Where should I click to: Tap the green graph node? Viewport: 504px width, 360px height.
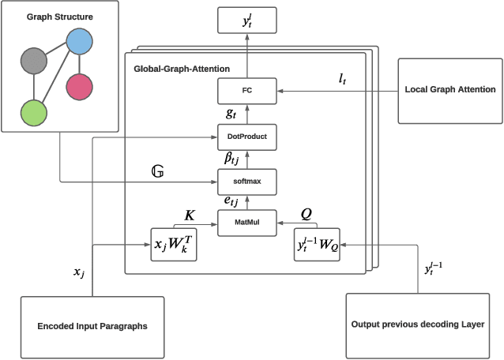pyautogui.click(x=33, y=112)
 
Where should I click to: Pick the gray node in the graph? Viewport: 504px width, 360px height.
pyautogui.click(x=33, y=60)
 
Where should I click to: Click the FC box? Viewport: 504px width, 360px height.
pyautogui.click(x=246, y=92)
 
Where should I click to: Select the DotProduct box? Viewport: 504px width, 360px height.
pyautogui.click(x=246, y=136)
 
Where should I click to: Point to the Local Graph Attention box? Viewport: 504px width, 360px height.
pyautogui.click(x=449, y=90)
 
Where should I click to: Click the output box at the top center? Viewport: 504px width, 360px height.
pyautogui.click(x=246, y=21)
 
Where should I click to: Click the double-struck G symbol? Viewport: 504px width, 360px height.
pyautogui.click(x=157, y=171)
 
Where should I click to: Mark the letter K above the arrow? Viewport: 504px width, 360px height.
pyautogui.click(x=190, y=214)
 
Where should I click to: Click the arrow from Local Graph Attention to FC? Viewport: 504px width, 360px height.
pyautogui.click(x=332, y=92)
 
